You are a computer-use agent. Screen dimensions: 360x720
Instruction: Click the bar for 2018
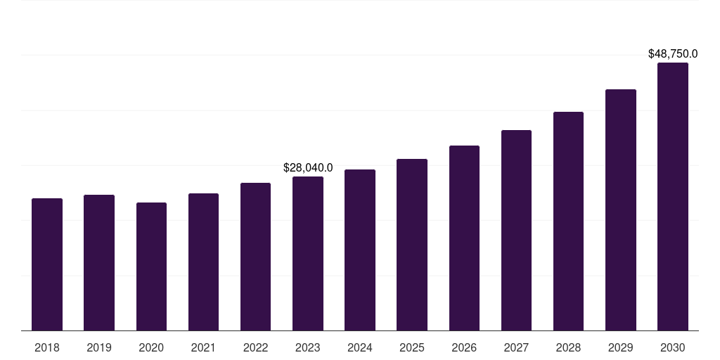coord(47,264)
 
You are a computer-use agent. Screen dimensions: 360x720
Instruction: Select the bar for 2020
coord(151,266)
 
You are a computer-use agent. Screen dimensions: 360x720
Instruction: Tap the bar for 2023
coord(308,253)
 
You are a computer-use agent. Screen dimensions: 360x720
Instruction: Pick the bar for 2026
coord(464,238)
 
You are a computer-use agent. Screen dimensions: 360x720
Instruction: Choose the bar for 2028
coord(568,221)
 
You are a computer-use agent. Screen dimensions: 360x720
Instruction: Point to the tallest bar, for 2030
coord(673,196)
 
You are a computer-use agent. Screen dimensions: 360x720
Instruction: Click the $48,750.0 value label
coord(673,53)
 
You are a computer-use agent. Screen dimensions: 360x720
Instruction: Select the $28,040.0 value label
coord(308,167)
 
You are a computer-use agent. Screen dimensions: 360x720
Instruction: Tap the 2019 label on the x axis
coord(99,347)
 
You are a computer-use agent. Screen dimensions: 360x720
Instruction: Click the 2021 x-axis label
coord(203,347)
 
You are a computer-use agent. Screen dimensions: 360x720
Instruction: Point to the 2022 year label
coord(255,347)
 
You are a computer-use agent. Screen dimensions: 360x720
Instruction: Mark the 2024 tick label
coord(360,347)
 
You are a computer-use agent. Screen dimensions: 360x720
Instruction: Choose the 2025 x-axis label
coord(412,347)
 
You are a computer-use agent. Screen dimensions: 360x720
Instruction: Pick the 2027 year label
coord(516,347)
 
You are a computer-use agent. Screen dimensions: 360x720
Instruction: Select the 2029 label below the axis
coord(620,347)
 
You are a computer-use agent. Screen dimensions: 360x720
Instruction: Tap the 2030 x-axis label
coord(673,347)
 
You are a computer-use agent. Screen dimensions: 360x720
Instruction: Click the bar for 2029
coord(620,210)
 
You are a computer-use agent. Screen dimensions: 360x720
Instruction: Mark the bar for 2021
coord(203,262)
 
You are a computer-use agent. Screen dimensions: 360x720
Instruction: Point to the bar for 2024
coord(360,250)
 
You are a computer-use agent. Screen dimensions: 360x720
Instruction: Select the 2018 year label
coord(47,347)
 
